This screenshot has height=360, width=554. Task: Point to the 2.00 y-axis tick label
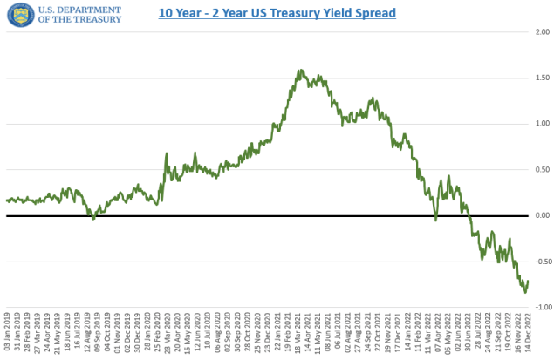[x=543, y=31]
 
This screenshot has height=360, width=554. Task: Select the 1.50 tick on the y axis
[x=543, y=78]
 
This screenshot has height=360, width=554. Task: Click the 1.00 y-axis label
[x=543, y=123]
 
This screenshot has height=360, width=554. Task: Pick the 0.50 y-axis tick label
[x=543, y=169]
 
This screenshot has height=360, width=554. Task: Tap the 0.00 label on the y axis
[x=543, y=215]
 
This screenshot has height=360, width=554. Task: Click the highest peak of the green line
[x=300, y=71]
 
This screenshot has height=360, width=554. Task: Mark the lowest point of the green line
[x=525, y=292]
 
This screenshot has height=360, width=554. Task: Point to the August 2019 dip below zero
[x=93, y=218]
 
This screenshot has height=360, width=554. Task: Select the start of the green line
[x=7, y=200]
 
